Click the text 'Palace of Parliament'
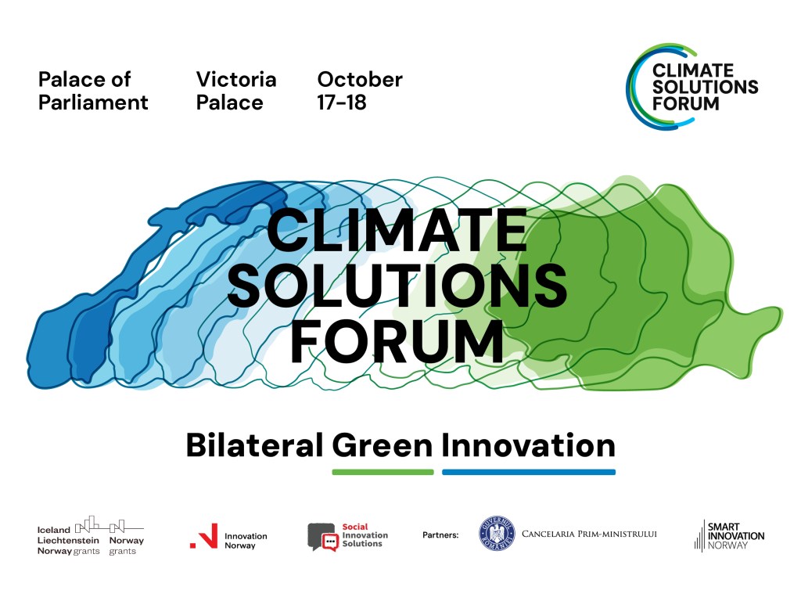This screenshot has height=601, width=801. tap(93, 91)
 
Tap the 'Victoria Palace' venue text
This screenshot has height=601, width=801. tap(236, 91)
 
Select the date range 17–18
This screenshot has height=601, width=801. tap(342, 103)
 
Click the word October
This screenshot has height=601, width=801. tap(360, 80)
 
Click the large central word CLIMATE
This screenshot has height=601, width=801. tap(397, 229)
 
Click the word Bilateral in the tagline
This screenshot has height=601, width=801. tap(254, 444)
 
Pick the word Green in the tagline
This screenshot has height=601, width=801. tap(383, 444)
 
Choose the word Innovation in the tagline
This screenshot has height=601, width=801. tap(528, 444)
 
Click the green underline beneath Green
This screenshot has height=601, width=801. tap(383, 472)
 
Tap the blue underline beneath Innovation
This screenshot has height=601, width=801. tap(529, 472)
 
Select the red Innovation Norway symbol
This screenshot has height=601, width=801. tap(204, 536)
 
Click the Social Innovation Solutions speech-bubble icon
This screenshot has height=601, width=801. tap(323, 537)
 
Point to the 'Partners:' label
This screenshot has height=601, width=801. tap(440, 535)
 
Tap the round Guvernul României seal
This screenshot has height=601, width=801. tap(497, 534)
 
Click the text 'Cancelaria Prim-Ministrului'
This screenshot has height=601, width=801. tap(589, 534)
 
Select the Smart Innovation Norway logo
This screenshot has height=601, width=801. tap(729, 535)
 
